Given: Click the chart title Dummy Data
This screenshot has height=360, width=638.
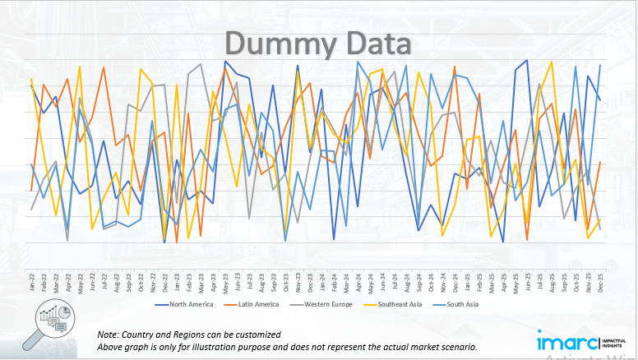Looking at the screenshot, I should point(318,43).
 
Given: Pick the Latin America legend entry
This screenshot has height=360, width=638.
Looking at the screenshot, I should point(260,304).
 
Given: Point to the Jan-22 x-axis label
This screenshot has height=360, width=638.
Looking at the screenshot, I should point(32,282).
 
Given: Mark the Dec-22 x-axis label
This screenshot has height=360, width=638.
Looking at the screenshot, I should point(165,282).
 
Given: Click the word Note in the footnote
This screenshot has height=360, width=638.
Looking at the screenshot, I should point(108,335).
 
